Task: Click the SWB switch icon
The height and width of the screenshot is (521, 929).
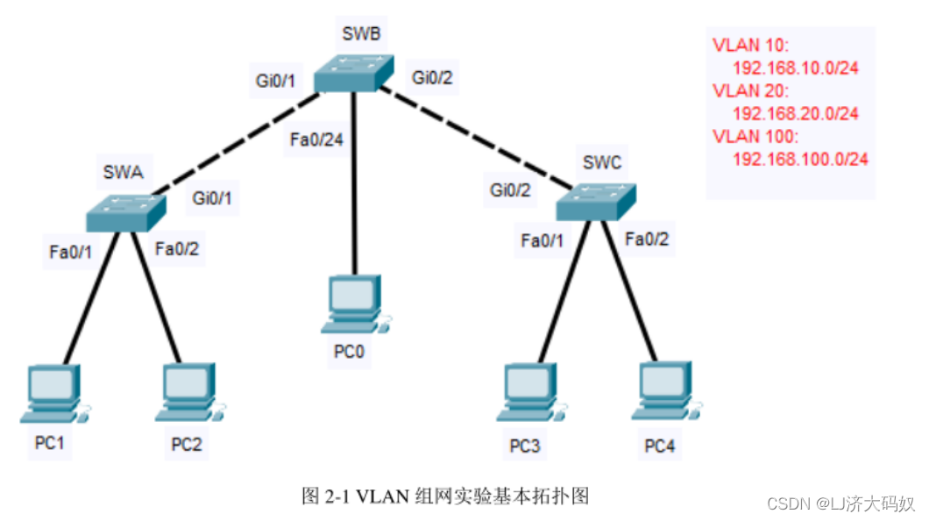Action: pyautogui.click(x=353, y=72)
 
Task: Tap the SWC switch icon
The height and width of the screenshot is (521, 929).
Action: pyautogui.click(x=595, y=201)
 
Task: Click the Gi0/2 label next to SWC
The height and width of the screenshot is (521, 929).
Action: pyautogui.click(x=510, y=189)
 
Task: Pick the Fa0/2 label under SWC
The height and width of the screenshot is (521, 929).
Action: pyautogui.click(x=647, y=239)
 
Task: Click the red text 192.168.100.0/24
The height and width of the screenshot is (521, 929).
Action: pyautogui.click(x=799, y=159)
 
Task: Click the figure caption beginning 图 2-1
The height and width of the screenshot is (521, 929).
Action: pyautogui.click(x=445, y=496)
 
